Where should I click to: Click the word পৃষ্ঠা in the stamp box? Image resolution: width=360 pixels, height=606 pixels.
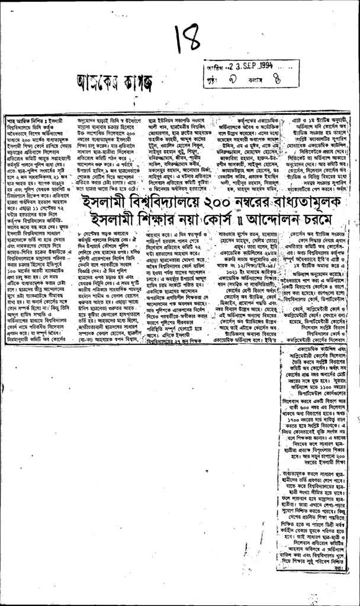(x=213, y=78)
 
